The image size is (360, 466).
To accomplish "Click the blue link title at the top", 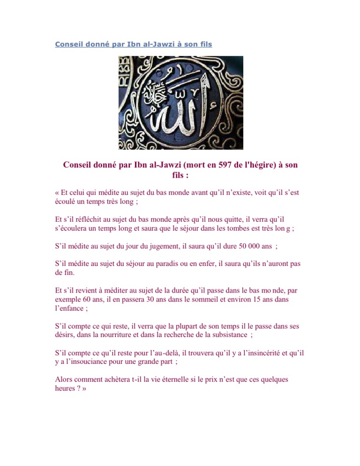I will [133, 45].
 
